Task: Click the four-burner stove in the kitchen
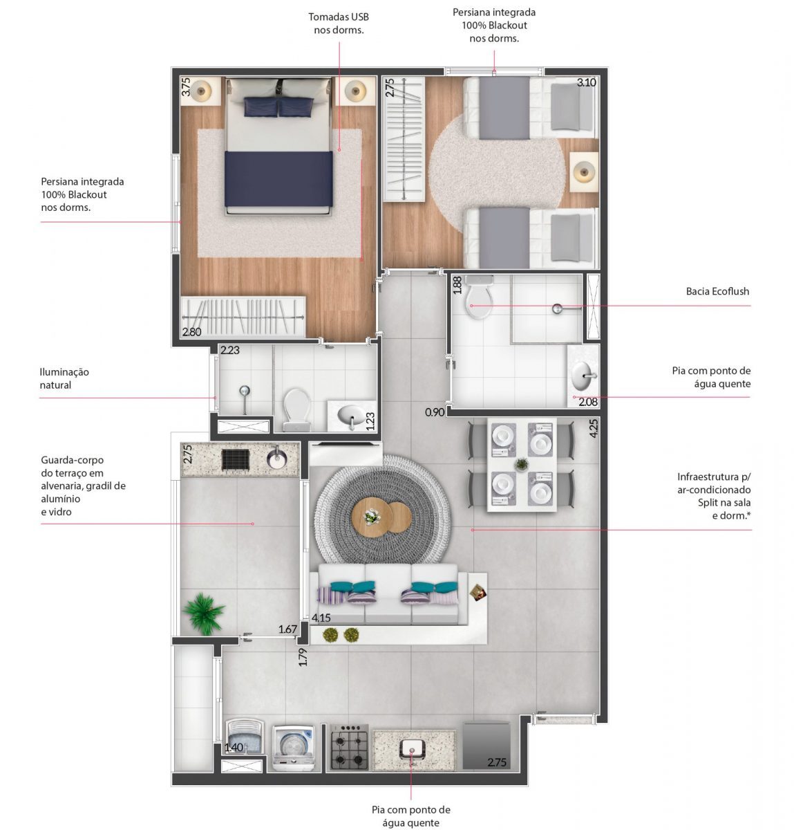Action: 349,746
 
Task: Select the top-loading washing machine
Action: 294,746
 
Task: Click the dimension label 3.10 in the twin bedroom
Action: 586,82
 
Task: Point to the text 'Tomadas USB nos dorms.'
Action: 339,24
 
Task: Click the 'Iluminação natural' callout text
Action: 64,378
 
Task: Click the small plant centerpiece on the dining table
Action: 522,464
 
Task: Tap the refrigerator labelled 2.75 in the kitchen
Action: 486,746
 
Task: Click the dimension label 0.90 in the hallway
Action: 434,412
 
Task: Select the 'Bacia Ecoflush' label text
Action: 717,291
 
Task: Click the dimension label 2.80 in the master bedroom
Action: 191,332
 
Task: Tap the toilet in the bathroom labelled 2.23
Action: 296,408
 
